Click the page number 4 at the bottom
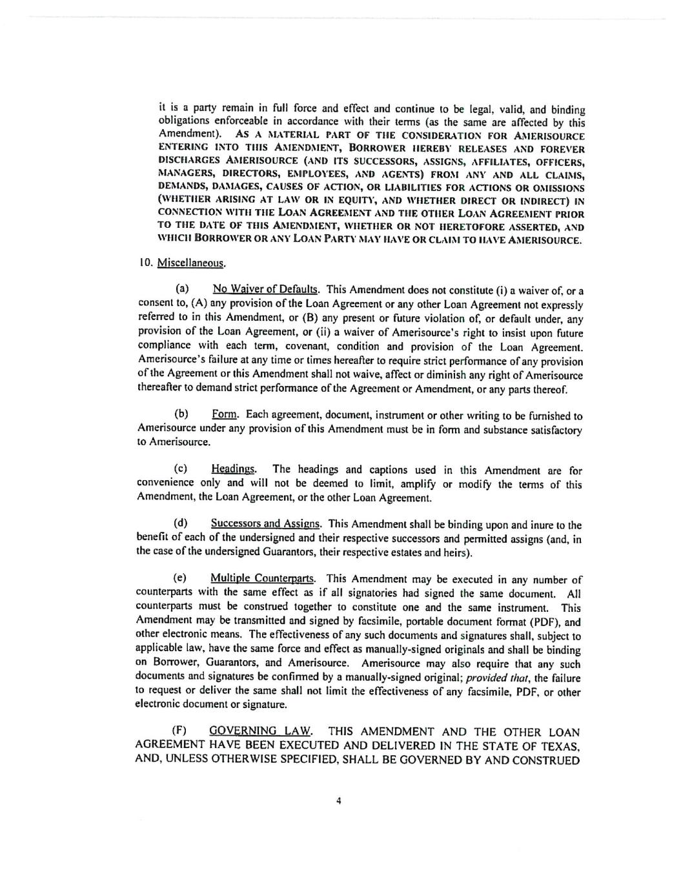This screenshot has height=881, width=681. coord(339,801)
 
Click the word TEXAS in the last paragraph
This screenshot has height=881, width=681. coord(557,745)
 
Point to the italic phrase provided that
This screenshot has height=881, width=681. coord(491,678)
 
